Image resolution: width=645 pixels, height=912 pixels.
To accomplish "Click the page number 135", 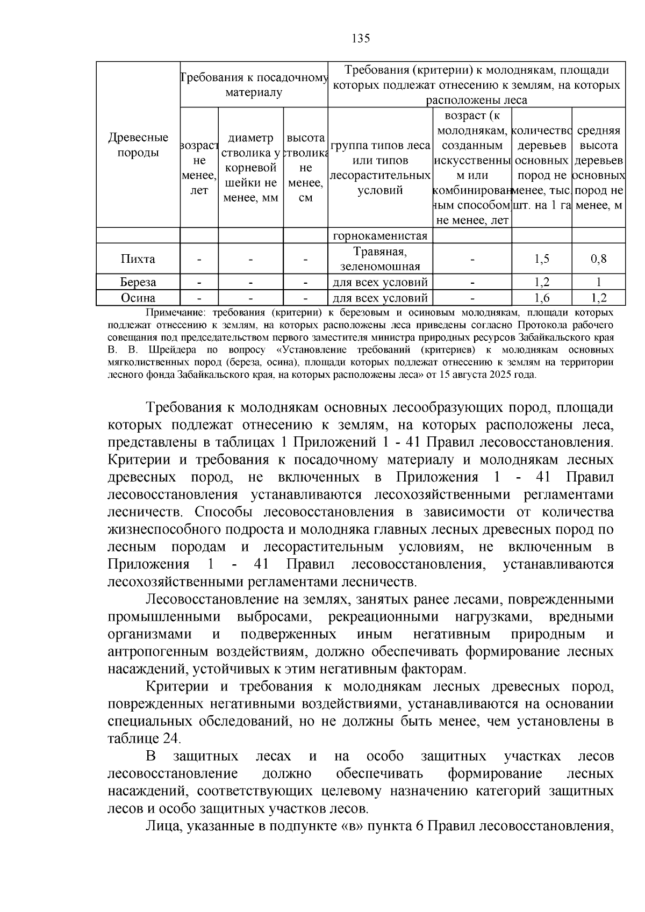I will (x=361, y=38).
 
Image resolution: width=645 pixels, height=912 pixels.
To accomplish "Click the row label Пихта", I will (x=138, y=259).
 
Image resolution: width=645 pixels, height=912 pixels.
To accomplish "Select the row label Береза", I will (x=138, y=282).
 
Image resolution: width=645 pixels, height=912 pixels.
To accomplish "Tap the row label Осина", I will (x=138, y=298).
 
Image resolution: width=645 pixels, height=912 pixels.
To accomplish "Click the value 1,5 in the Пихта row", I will (x=542, y=259).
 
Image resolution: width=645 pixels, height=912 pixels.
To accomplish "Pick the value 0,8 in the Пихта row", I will (x=598, y=259).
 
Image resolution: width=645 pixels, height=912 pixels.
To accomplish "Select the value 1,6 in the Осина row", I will (x=542, y=298).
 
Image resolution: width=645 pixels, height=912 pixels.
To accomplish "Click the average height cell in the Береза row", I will (x=598, y=282).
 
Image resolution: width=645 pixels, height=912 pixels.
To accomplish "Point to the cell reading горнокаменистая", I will (x=380, y=235).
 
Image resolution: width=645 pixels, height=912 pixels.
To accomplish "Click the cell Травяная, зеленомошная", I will (x=380, y=258).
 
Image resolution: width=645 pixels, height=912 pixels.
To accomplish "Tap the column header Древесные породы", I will (x=138, y=145).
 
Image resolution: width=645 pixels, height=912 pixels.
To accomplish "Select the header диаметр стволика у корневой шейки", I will (x=250, y=168).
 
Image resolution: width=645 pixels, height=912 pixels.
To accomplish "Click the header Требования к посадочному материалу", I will (x=254, y=85).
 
